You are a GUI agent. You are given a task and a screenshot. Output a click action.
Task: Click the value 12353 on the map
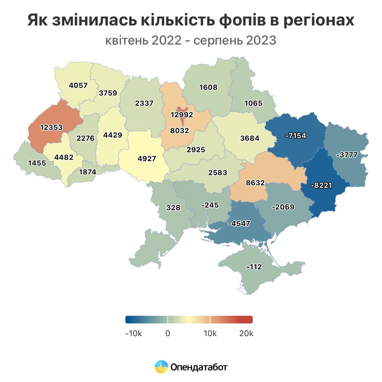(x=51, y=127)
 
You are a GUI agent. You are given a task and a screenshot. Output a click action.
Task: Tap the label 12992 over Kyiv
(x=182, y=115)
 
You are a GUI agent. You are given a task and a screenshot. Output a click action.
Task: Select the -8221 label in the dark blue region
(x=321, y=185)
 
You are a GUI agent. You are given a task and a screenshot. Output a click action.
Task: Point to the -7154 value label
(x=296, y=136)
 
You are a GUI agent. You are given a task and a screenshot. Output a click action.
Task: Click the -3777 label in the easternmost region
(x=347, y=155)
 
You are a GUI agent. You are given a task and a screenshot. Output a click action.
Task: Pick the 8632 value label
(x=255, y=183)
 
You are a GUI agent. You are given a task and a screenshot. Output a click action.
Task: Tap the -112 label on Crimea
(x=254, y=267)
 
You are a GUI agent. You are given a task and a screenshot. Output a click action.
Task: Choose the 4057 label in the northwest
(x=78, y=85)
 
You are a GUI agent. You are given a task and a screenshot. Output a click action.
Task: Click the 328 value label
(x=173, y=208)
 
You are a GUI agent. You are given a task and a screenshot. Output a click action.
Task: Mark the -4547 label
(x=239, y=223)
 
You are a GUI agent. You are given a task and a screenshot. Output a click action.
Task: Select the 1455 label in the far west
(x=37, y=163)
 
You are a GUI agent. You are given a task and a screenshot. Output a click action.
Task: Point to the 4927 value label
(x=147, y=159)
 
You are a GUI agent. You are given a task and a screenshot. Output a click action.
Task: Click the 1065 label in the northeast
(x=253, y=103)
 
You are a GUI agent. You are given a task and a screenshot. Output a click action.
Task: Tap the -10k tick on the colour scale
(x=133, y=334)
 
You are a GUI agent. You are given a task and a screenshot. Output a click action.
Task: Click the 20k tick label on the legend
(x=246, y=334)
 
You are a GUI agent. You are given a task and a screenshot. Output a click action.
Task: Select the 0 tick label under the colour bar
(x=168, y=334)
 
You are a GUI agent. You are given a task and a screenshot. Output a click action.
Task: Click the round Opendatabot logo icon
(x=161, y=367)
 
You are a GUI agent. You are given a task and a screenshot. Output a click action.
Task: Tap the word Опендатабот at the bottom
(x=199, y=367)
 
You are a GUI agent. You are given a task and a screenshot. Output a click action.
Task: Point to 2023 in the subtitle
(x=261, y=40)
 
